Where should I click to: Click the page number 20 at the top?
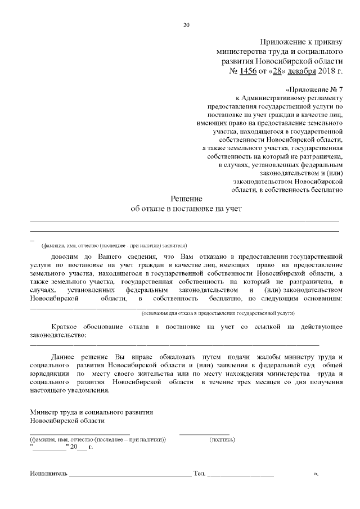(x=187, y=24)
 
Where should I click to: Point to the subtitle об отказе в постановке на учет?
(x=186, y=209)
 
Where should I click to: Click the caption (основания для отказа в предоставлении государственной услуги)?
(x=218, y=312)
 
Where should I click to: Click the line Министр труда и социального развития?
(x=91, y=412)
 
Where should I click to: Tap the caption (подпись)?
(x=222, y=439)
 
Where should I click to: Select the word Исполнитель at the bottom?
(x=48, y=474)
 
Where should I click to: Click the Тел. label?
(x=199, y=474)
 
